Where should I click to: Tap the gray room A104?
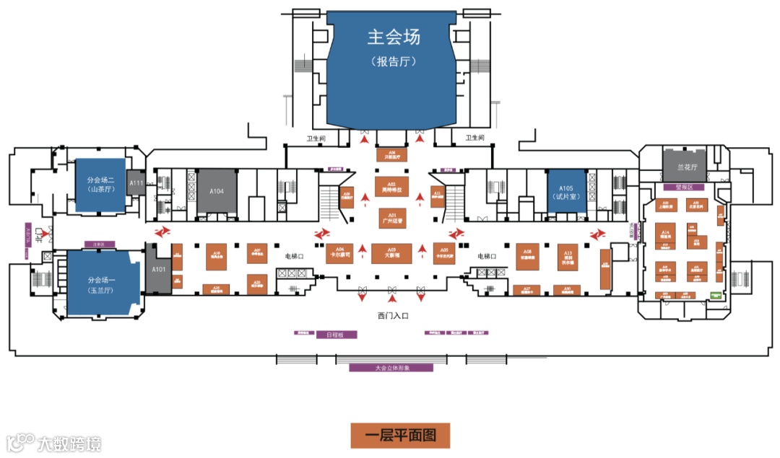point(217,191)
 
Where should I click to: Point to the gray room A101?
point(158,269)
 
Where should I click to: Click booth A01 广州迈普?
point(392,217)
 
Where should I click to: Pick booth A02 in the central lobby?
point(392,186)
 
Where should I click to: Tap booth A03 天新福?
point(391,253)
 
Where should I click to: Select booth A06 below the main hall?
point(392,154)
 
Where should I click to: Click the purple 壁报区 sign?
point(683,187)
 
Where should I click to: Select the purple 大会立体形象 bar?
point(391,367)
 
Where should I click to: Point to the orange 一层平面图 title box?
point(400,435)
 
